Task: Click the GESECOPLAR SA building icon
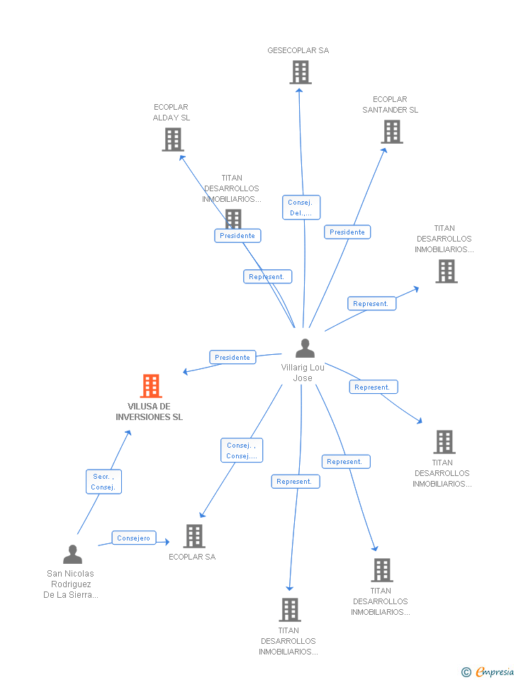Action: click(x=301, y=72)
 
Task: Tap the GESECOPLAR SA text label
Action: click(x=298, y=51)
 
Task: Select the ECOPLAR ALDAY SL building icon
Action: click(x=172, y=139)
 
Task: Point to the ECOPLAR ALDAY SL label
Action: click(x=172, y=113)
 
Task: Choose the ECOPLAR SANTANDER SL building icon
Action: click(x=391, y=131)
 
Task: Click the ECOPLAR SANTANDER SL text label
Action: click(x=390, y=105)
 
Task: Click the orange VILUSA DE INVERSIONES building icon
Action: click(x=151, y=386)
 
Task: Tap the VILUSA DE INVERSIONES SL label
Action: click(x=150, y=412)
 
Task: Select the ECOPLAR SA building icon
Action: click(x=194, y=536)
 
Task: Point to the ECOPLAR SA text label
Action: click(x=192, y=557)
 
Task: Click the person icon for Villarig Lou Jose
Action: click(x=305, y=348)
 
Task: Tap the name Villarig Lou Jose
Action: click(x=303, y=373)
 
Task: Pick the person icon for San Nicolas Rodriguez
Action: click(x=72, y=554)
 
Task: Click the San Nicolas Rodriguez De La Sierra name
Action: click(x=71, y=584)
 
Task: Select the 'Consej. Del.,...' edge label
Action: click(x=301, y=208)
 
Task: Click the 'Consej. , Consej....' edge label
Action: click(x=242, y=450)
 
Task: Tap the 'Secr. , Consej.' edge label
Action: click(x=103, y=482)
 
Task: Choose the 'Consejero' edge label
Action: click(x=134, y=538)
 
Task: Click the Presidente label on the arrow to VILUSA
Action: click(x=232, y=358)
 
